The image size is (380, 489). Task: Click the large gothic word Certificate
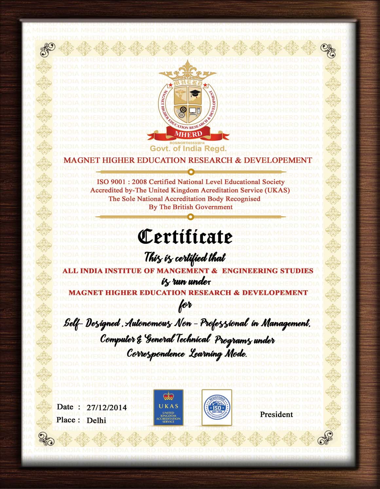pos(185,236)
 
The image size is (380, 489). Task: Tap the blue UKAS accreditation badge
pos(168,408)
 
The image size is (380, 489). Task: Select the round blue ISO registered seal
pos(216,408)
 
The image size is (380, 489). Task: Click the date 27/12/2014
pos(107,408)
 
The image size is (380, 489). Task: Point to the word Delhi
pos(96,421)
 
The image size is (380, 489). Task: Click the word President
pos(276,414)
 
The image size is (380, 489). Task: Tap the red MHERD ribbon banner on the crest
pos(188,134)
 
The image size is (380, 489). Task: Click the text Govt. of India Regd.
pos(188,149)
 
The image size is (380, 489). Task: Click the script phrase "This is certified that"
pos(185,258)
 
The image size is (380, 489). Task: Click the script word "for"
pos(185,307)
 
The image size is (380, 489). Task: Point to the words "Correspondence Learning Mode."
pos(187,354)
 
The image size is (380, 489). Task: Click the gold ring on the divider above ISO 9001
pos(191,172)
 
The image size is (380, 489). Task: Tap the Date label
pos(65,407)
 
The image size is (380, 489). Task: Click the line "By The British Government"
pos(190,207)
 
